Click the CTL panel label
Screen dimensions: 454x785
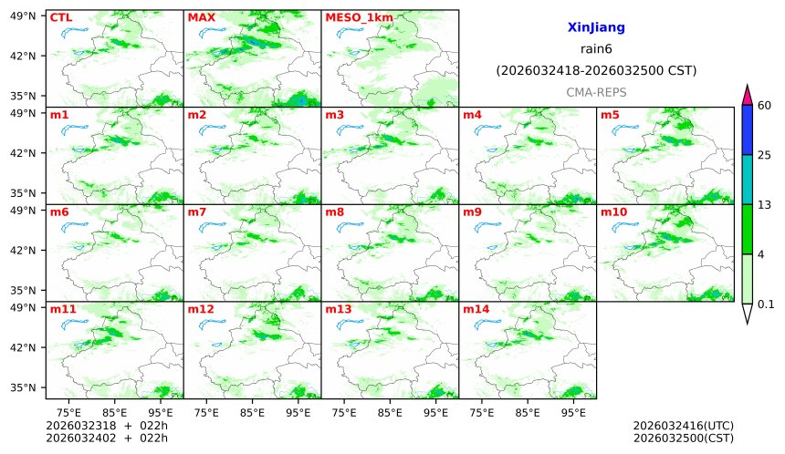pos(61,17)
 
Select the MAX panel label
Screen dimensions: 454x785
pos(200,17)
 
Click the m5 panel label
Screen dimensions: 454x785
pos(609,115)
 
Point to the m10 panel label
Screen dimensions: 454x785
pos(612,212)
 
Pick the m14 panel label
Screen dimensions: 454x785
pos(475,309)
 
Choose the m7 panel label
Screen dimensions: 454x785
pos(196,212)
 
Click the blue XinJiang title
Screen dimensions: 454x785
pos(596,28)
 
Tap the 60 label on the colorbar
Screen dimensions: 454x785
pos(765,106)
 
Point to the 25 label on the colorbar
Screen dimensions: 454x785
pos(765,155)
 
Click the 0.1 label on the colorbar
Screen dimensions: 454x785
pos(767,304)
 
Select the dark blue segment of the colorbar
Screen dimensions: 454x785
pos(747,129)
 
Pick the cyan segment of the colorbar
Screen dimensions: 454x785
pos(747,180)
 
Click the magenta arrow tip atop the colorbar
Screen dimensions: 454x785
pos(747,93)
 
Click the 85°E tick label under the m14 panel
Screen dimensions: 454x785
pos(528,412)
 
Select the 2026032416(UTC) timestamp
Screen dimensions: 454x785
pos(683,426)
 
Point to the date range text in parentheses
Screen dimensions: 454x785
pos(596,70)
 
